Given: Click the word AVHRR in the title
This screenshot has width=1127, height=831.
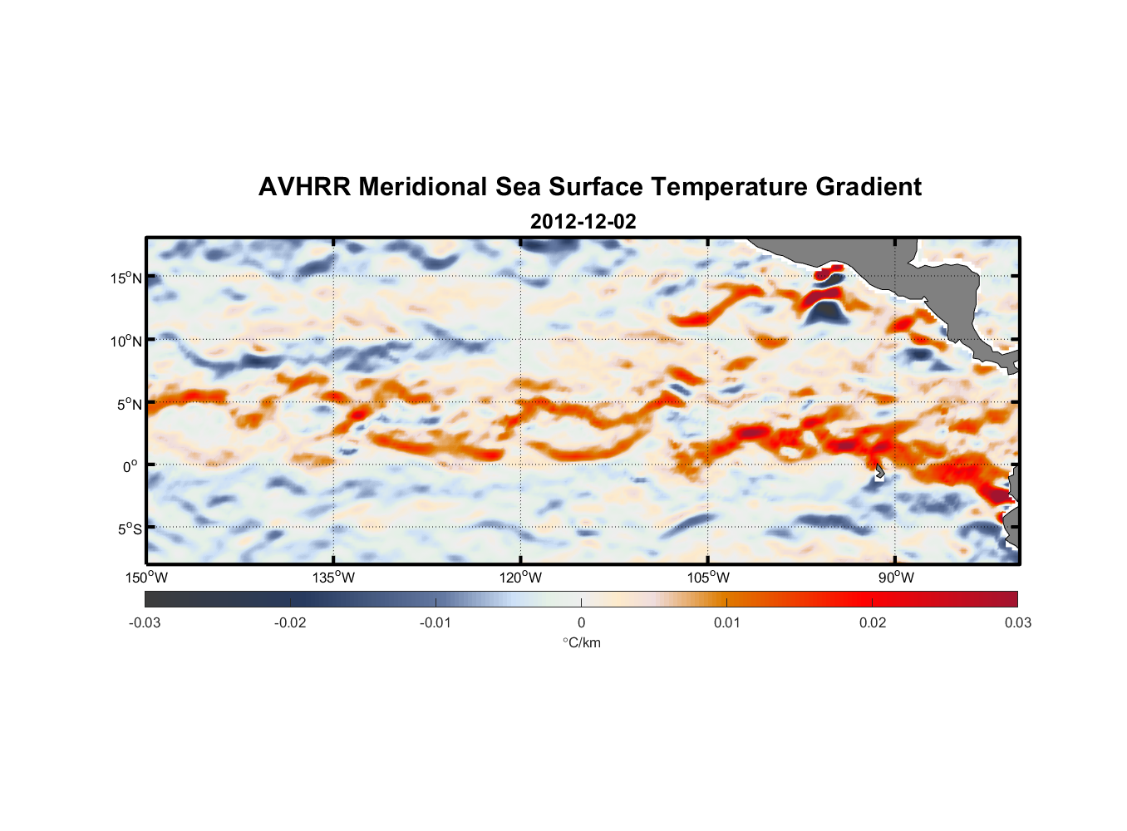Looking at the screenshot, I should (303, 187).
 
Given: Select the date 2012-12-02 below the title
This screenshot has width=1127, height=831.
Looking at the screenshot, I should (583, 222).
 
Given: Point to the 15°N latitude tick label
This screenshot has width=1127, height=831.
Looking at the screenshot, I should (126, 278).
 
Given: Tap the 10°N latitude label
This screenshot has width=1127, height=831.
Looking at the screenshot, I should (126, 341).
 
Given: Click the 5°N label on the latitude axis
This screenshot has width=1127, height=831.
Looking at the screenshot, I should (129, 404).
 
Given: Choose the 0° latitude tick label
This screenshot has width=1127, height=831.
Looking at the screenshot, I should (130, 467).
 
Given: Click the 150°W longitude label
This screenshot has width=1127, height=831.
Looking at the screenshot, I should (146, 578).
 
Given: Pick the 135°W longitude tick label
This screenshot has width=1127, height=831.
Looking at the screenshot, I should (333, 578).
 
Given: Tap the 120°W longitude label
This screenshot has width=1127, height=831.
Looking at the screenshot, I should (520, 578).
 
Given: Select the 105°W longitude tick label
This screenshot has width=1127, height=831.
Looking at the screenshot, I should (708, 578).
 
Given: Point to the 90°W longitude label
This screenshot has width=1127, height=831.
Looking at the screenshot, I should (895, 578).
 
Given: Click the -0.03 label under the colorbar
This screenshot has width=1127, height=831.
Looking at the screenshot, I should (145, 622).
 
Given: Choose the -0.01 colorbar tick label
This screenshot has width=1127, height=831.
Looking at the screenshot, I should (436, 622).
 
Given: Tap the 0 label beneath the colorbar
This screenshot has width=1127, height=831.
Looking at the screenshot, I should (581, 622).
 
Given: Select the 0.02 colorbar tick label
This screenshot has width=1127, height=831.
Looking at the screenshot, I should (873, 622).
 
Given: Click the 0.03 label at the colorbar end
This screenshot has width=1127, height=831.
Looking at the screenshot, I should (1017, 622).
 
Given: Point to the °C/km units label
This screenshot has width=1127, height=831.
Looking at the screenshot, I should (581, 642).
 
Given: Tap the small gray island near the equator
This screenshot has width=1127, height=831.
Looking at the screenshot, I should (879, 471).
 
